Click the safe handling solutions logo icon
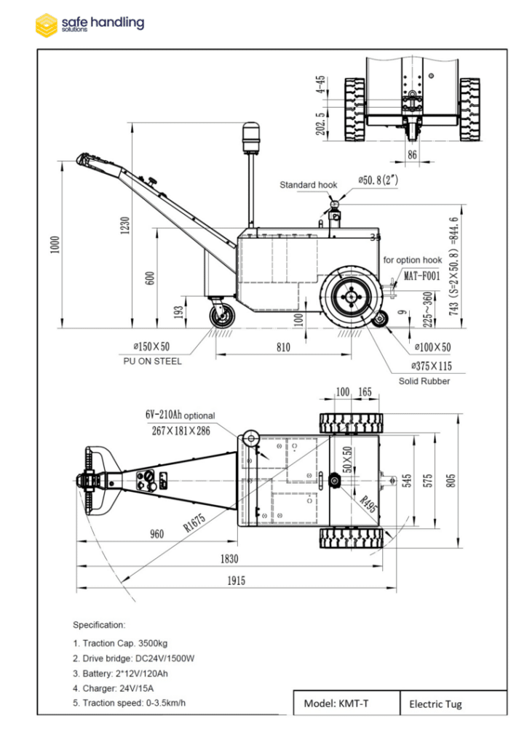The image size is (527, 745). [x=46, y=24]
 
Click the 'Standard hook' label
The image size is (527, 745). [x=309, y=185]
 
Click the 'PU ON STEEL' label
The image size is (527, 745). [x=153, y=362]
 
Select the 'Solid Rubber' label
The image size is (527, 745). [x=424, y=381]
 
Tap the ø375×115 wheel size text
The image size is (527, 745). [x=429, y=367]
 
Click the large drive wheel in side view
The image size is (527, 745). [x=351, y=296]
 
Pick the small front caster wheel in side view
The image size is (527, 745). [x=219, y=316]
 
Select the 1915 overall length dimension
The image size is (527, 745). [x=235, y=581]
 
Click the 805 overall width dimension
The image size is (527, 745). [x=451, y=481]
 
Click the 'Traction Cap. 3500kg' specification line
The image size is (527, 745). [x=125, y=643]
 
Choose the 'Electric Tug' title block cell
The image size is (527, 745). [x=435, y=704]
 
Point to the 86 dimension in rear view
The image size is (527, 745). [x=413, y=154]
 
